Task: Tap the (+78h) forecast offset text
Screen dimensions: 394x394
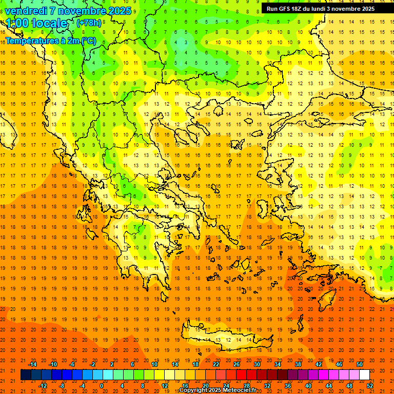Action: click(89, 23)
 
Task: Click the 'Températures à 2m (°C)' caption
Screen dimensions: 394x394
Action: click(50, 40)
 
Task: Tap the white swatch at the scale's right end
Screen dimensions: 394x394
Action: click(364, 375)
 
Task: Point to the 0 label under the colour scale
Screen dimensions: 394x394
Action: click(101, 385)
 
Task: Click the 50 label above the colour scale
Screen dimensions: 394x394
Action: click(360, 364)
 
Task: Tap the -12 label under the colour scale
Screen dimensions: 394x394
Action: click(43, 385)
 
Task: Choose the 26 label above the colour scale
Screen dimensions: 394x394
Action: click(237, 364)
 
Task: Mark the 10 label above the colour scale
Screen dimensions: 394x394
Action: click(154, 364)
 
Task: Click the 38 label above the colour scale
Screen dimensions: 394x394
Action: click(298, 364)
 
